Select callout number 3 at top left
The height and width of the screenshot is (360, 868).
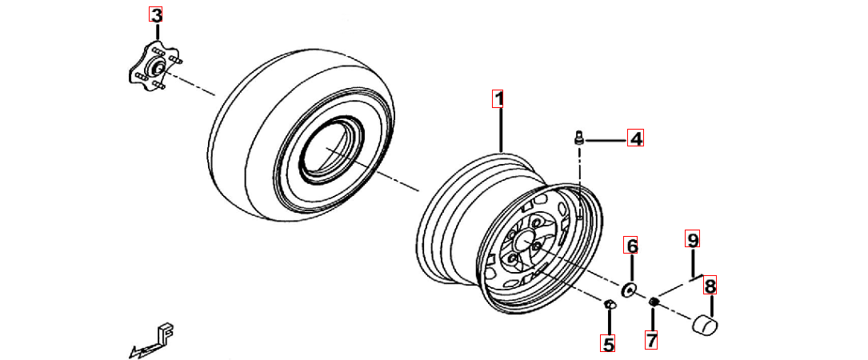(x=156, y=15)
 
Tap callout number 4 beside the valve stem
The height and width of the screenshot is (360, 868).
(x=635, y=138)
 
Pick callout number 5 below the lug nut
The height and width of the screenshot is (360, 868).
(x=608, y=344)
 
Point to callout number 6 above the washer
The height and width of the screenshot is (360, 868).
(x=631, y=245)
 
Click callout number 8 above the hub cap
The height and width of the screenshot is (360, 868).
(x=710, y=286)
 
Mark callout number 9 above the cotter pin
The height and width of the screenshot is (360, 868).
(x=691, y=238)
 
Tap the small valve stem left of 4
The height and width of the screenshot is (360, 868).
(x=579, y=136)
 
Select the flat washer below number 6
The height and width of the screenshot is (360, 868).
(x=629, y=289)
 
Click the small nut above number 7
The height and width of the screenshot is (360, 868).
(x=654, y=301)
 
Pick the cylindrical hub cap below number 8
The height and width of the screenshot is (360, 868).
(x=703, y=325)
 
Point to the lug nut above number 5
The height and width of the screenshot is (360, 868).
(x=608, y=303)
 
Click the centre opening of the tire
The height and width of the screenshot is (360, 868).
(x=330, y=150)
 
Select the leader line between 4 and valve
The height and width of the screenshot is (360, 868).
(x=606, y=142)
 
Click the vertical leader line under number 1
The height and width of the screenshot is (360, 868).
(x=501, y=130)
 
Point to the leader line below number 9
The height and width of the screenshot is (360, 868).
(x=693, y=262)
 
